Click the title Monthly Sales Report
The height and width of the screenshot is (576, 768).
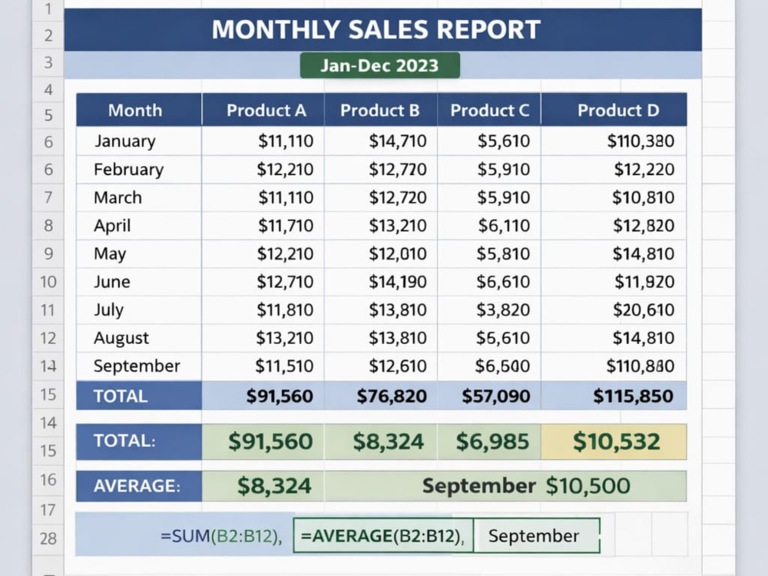376,29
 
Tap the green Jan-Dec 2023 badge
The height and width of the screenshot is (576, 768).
379,65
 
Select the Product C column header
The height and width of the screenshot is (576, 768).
489,110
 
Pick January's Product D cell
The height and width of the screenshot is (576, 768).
614,141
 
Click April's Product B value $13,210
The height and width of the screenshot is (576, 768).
398,226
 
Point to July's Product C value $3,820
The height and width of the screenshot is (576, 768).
503,310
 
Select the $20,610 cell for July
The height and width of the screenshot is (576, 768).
614,310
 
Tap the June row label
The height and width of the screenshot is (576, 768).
111,282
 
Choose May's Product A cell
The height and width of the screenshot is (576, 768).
263,253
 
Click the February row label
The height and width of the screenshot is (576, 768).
129,170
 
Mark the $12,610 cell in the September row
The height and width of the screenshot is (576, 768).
381,366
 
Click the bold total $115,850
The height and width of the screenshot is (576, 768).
633,396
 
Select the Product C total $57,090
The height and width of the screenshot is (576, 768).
495,396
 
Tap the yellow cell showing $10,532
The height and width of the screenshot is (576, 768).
614,442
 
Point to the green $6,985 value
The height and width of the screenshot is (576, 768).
492,442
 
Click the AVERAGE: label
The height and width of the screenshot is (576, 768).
137,486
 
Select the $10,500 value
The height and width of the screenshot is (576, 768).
588,486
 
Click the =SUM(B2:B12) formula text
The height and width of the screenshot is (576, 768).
221,536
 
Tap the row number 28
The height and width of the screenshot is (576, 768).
48,539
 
